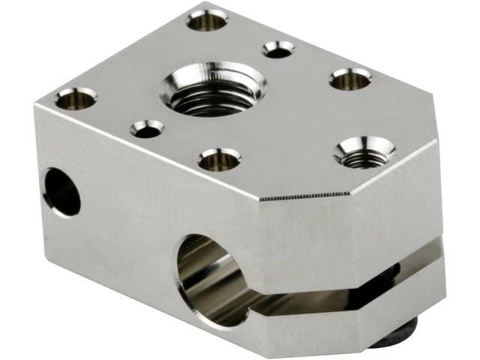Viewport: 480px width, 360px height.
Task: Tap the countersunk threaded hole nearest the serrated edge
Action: coord(364,151)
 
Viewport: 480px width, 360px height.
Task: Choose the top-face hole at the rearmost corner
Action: coord(207,18)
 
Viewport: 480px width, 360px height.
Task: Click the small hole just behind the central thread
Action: coord(278,49)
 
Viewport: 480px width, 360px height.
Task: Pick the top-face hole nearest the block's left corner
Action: coord(76,97)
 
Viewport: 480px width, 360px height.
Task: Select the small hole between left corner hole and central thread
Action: coord(147,129)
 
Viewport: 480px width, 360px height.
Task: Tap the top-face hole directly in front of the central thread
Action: coord(219,158)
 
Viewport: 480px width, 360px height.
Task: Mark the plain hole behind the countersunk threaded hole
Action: coord(350,77)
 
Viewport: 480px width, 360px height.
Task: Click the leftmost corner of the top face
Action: coord(34,104)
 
